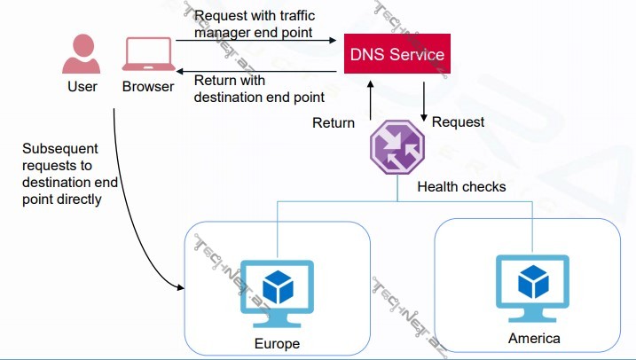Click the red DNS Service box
click(x=397, y=55)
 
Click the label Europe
click(x=277, y=343)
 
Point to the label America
click(x=534, y=338)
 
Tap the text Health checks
click(x=461, y=186)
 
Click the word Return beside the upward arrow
click(x=334, y=122)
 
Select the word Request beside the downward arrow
click(x=458, y=121)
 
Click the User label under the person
click(x=82, y=87)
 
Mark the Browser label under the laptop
click(x=148, y=87)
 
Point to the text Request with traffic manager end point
click(x=254, y=23)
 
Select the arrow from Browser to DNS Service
click(x=257, y=40)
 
